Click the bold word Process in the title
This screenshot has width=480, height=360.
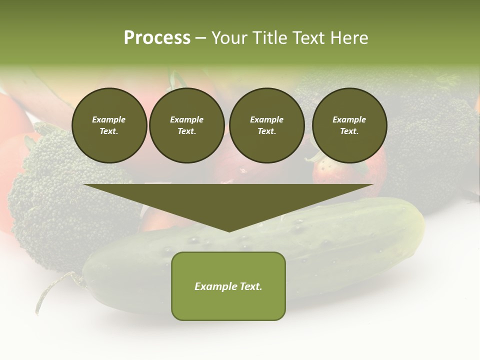(x=157, y=38)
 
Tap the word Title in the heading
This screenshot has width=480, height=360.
(x=269, y=38)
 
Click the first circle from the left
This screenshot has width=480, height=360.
(x=109, y=125)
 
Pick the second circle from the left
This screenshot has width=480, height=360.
(x=187, y=125)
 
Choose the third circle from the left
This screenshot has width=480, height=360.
(x=266, y=125)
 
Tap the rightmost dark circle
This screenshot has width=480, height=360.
(x=349, y=125)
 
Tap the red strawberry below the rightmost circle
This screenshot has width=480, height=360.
(x=350, y=172)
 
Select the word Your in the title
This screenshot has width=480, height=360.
(x=229, y=38)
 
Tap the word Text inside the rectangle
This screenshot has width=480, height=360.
(x=250, y=286)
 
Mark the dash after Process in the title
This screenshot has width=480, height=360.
(x=200, y=38)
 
